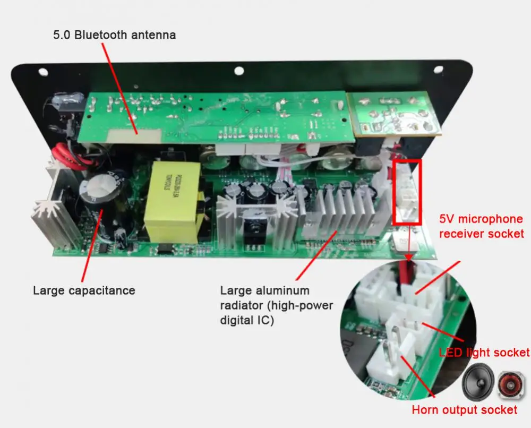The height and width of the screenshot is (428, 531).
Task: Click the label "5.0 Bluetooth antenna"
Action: (x=114, y=36)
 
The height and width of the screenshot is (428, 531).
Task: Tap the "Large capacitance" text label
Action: (x=84, y=290)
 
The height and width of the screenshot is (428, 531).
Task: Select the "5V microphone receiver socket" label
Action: (x=481, y=226)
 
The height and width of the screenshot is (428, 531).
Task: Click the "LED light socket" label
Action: (x=484, y=353)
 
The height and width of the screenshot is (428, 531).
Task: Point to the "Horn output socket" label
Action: (x=465, y=409)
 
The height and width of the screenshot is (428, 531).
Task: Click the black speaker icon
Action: (x=477, y=383)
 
